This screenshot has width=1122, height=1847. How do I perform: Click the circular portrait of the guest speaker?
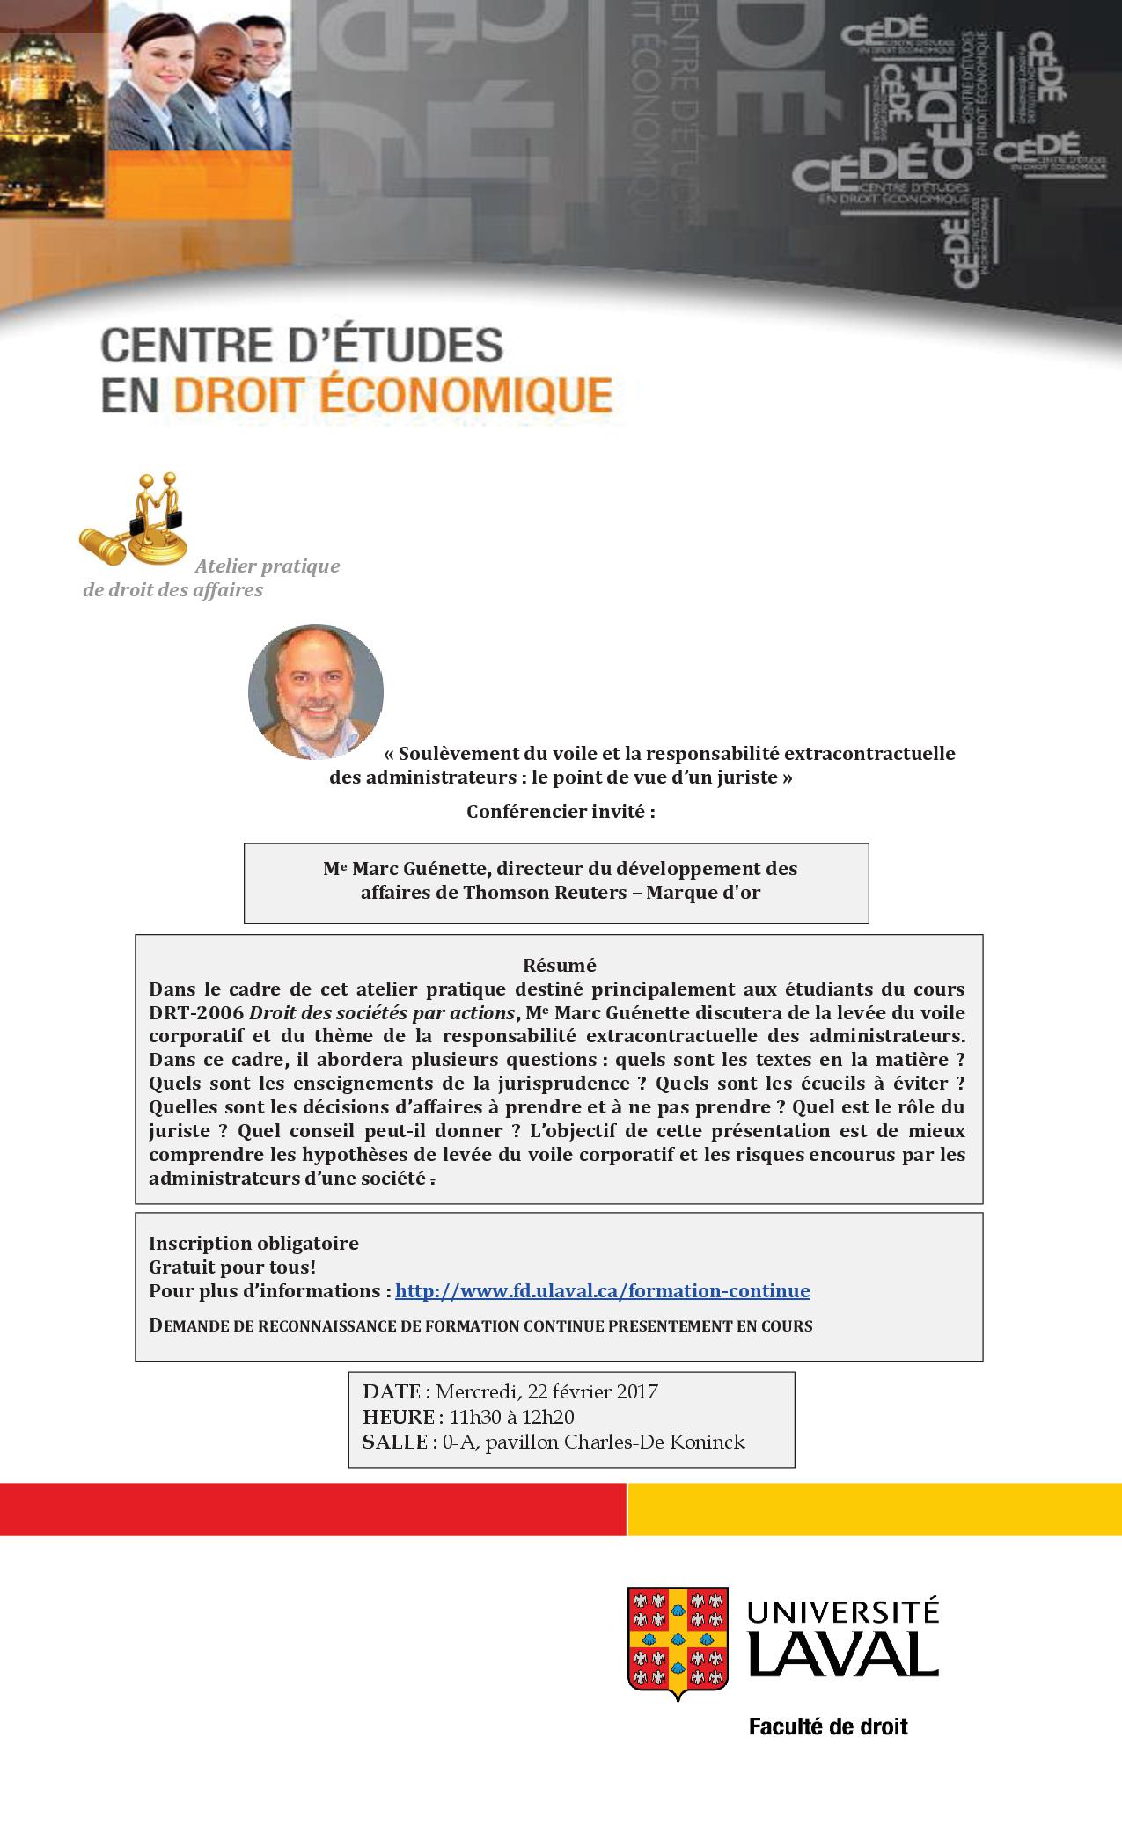(x=316, y=692)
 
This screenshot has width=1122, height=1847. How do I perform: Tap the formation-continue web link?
(x=602, y=1291)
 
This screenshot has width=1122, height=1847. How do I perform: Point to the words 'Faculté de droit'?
(x=827, y=1726)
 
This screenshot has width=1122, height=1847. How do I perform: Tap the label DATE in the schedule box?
(x=392, y=1391)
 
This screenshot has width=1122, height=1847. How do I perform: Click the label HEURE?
(x=399, y=1417)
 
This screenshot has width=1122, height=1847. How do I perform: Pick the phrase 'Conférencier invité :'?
(x=561, y=811)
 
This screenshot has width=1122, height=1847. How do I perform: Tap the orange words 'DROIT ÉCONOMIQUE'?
(x=392, y=395)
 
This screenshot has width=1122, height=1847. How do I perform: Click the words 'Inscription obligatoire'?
(x=253, y=1244)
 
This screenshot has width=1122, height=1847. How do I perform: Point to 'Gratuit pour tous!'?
(x=231, y=1267)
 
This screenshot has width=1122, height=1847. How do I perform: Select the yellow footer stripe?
(x=875, y=1509)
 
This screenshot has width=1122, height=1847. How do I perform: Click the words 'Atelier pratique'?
(x=268, y=566)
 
